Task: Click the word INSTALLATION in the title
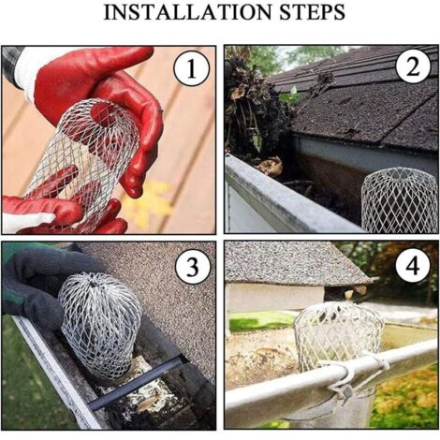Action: [187, 13]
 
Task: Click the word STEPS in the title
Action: [312, 13]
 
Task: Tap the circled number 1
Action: [191, 68]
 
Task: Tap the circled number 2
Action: [413, 66]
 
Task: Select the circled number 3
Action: [192, 267]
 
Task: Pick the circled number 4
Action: [413, 266]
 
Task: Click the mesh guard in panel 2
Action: [400, 200]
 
